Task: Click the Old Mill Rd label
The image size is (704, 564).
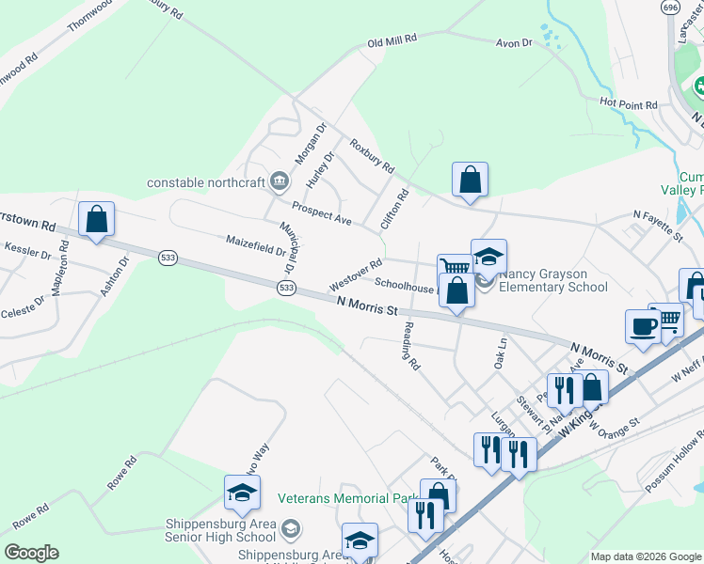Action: (391, 42)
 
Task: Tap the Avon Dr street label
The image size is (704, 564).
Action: (514, 43)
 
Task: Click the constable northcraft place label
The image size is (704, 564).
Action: (206, 181)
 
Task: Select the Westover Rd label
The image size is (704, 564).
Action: (355, 274)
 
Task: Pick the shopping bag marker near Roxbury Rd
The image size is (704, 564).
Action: (470, 179)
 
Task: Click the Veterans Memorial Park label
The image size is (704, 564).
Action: (346, 497)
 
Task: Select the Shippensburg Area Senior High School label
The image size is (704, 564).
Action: (220, 530)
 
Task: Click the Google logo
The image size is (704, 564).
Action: (31, 553)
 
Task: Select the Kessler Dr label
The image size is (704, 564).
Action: (25, 252)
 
